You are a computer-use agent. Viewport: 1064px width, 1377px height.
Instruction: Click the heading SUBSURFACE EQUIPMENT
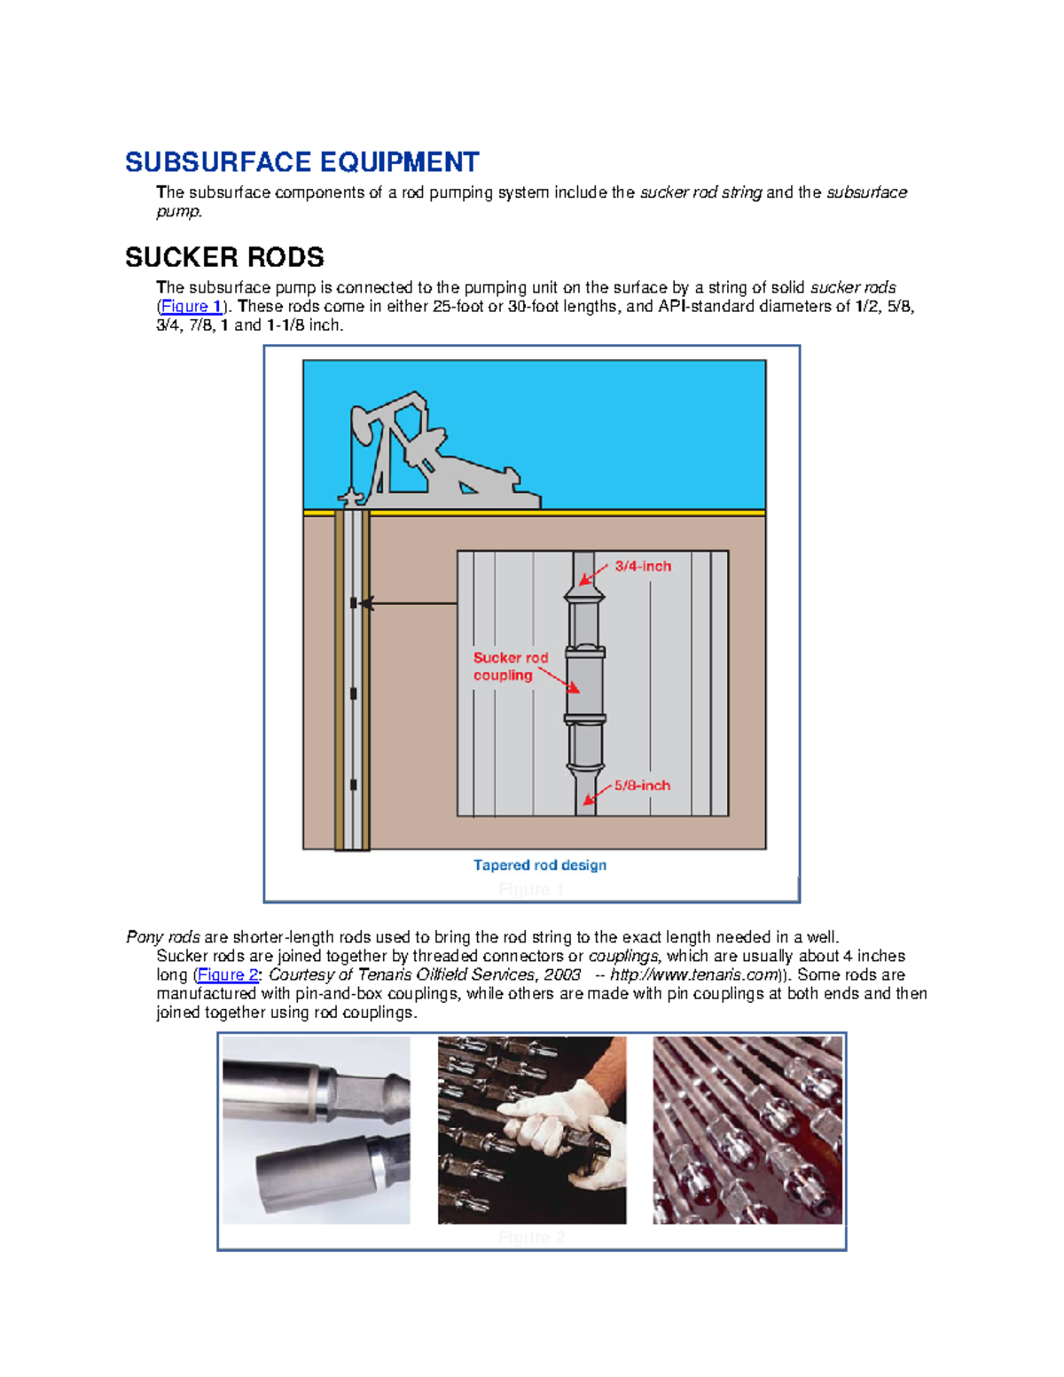pyautogui.click(x=301, y=162)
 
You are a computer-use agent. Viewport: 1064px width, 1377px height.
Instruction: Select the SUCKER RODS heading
pyautogui.click(x=224, y=257)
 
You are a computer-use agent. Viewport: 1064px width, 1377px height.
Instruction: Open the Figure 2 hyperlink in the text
pyautogui.click(x=228, y=974)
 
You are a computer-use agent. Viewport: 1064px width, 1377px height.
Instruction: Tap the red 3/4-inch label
pyautogui.click(x=643, y=567)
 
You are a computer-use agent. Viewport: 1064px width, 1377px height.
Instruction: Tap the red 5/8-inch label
pyautogui.click(x=642, y=786)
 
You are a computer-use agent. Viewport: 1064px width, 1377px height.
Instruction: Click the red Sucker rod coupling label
pyautogui.click(x=510, y=667)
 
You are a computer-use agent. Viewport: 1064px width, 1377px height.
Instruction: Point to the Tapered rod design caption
pyautogui.click(x=539, y=865)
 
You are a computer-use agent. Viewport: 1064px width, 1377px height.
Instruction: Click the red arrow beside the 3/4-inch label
pyautogui.click(x=593, y=575)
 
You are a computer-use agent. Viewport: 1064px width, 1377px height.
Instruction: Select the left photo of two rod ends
pyautogui.click(x=316, y=1131)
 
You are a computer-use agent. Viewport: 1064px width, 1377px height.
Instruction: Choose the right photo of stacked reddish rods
pyautogui.click(x=747, y=1131)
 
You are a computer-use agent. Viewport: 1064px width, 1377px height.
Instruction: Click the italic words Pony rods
pyautogui.click(x=163, y=937)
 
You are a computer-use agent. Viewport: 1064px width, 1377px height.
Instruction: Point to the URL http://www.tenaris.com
pyautogui.click(x=692, y=974)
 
